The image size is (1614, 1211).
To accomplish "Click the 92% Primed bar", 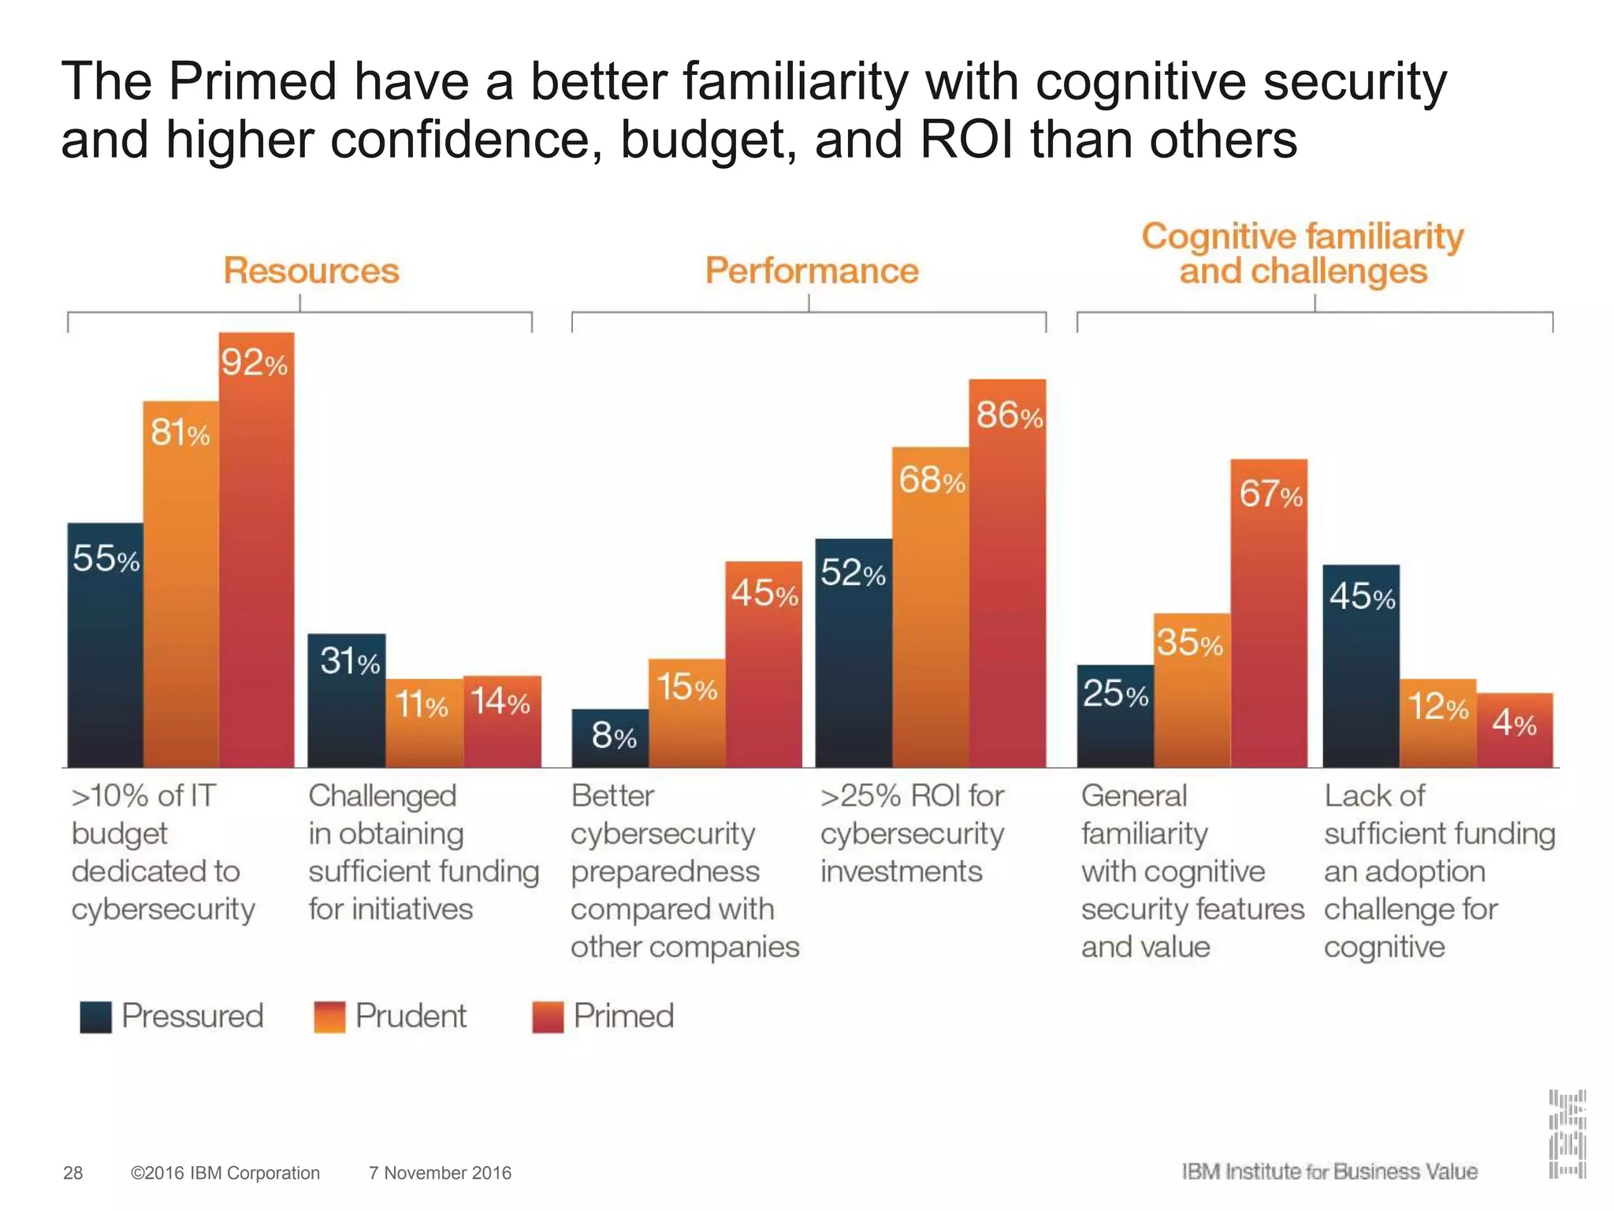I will tap(256, 552).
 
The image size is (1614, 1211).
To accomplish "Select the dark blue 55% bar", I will tap(105, 646).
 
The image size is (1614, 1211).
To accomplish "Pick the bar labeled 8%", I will tap(610, 738).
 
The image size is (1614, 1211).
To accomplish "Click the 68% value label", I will tap(932, 480).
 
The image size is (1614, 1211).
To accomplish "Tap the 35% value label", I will tap(1189, 643).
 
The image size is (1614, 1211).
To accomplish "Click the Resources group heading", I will tap(311, 270).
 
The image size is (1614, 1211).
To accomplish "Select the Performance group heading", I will tap(812, 270).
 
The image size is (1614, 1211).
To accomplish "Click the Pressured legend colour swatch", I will tap(95, 1017).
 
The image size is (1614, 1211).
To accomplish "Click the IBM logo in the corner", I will tap(1567, 1134).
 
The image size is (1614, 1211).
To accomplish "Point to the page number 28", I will tap(73, 1173).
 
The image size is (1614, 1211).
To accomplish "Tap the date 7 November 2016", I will tap(440, 1173).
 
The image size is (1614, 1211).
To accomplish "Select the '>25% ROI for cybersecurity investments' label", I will tap(912, 833).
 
